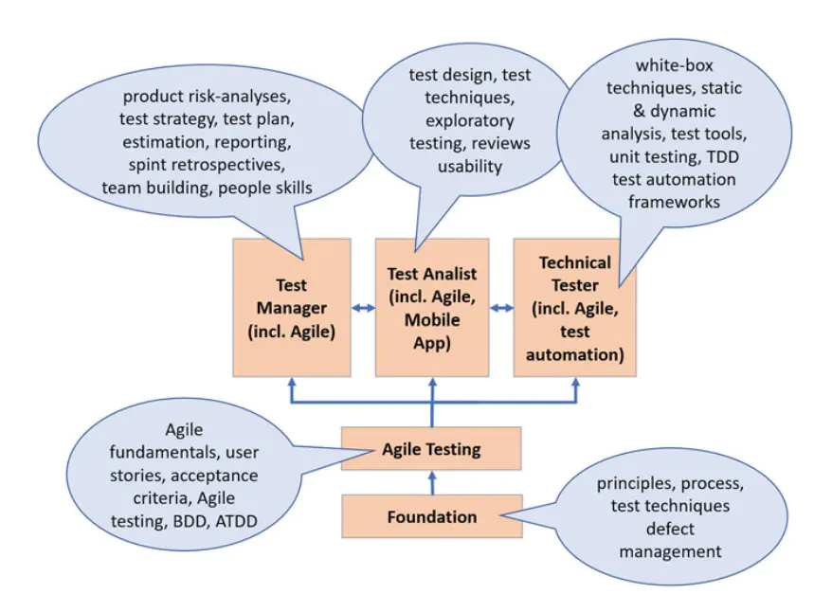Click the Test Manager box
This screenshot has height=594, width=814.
(292, 307)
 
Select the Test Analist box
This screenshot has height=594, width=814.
(432, 307)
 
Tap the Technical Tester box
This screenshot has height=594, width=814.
(574, 307)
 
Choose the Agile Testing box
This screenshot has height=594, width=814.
(431, 449)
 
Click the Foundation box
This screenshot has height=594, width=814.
(431, 517)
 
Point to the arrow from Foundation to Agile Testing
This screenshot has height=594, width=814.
(432, 482)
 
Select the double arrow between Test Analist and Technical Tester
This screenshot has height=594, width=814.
(501, 308)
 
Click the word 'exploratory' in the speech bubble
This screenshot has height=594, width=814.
(470, 120)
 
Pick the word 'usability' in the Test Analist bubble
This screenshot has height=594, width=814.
(470, 167)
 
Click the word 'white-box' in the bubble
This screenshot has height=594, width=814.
(675, 66)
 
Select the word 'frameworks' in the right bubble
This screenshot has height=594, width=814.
(674, 201)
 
